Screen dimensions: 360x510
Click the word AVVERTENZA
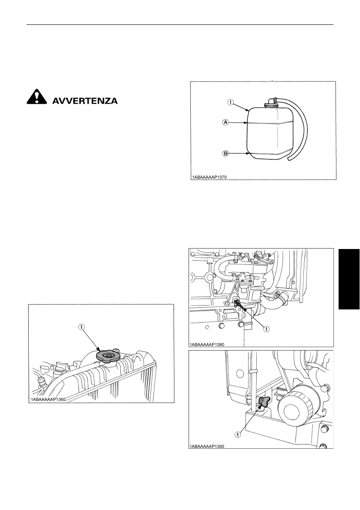pyautogui.click(x=84, y=102)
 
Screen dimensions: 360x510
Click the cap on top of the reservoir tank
pyautogui.click(x=270, y=102)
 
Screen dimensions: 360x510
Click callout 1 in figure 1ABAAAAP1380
pyautogui.click(x=266, y=329)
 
